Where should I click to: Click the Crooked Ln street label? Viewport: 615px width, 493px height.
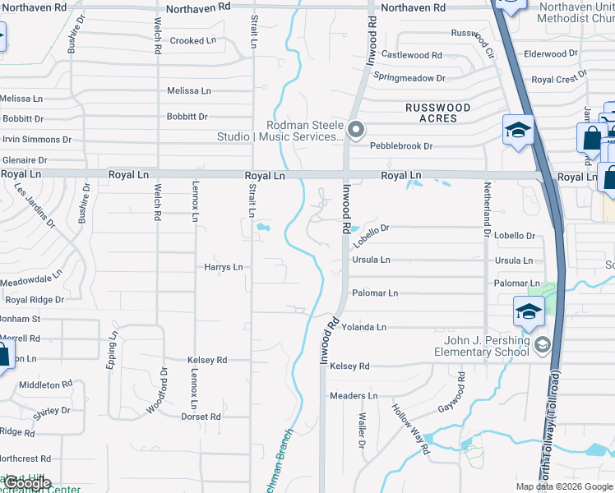(193, 40)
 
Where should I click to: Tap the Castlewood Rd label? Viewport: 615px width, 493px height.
(412, 55)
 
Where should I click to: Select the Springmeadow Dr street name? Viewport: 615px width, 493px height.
(409, 77)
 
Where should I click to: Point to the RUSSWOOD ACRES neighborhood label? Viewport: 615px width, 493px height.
(438, 113)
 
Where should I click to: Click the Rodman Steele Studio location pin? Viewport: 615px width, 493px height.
(356, 129)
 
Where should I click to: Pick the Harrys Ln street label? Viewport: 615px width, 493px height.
(224, 267)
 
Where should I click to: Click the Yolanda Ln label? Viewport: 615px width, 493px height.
(363, 327)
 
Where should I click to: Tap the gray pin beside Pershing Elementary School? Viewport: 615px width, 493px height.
(541, 344)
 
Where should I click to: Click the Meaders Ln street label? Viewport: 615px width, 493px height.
(354, 396)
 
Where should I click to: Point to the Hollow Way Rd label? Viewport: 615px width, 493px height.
(409, 429)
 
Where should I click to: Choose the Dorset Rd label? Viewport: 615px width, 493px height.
(201, 417)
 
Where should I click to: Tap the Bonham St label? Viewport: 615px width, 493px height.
(21, 319)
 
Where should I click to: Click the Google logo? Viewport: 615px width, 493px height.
(26, 483)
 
